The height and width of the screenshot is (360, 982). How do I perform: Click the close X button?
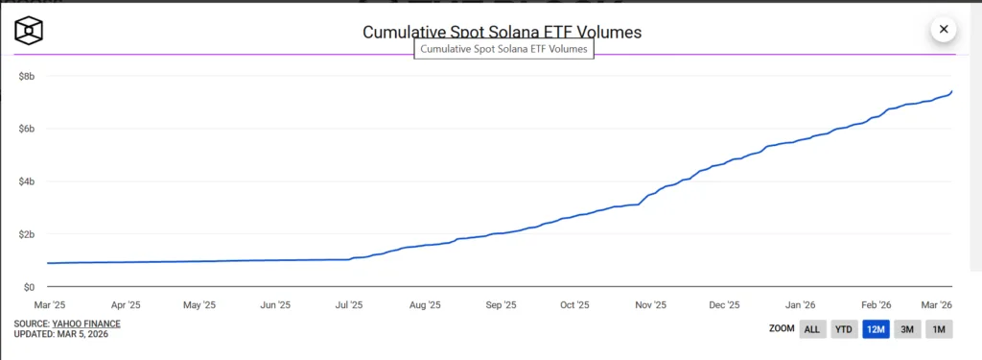tap(944, 29)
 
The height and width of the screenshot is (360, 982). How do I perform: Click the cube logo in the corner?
tap(30, 32)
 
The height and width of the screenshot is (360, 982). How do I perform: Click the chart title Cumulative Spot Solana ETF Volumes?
tap(502, 32)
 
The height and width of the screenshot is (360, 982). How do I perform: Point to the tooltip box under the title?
tap(503, 49)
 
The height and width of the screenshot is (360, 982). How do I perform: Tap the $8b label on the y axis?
tap(27, 76)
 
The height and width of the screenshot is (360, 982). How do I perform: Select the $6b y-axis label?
tap(27, 129)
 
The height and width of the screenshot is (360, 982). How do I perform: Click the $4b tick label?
tap(27, 181)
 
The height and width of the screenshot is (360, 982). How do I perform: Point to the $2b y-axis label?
tap(27, 234)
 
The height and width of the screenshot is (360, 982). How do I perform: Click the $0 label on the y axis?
tap(29, 287)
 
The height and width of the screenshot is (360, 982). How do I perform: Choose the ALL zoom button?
tap(811, 329)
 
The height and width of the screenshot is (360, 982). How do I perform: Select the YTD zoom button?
tap(844, 329)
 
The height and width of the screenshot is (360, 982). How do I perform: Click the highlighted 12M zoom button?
tap(876, 329)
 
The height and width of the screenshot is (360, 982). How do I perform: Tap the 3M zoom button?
tap(907, 329)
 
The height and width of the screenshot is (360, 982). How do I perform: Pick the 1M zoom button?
tap(939, 329)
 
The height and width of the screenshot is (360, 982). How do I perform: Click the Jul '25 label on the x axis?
tap(349, 305)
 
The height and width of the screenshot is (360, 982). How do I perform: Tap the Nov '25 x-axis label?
tap(650, 305)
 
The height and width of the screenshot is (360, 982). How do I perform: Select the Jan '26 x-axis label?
tap(801, 305)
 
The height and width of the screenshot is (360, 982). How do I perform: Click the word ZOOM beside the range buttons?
tap(781, 329)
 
